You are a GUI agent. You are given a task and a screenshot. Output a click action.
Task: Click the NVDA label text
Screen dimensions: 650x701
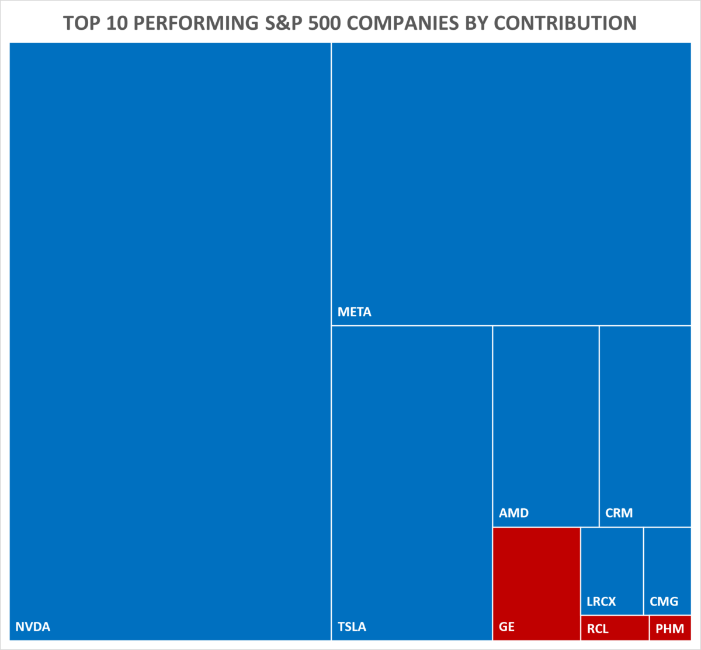(x=33, y=627)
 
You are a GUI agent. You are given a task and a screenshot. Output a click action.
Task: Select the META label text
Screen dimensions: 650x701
(x=354, y=312)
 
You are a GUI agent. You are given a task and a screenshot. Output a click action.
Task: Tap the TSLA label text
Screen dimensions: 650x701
(x=352, y=627)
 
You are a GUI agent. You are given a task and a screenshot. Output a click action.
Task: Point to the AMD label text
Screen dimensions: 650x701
(x=513, y=513)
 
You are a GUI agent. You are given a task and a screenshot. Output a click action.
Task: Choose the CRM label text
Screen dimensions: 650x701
(x=619, y=513)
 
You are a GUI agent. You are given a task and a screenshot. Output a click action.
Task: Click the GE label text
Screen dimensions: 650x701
(x=506, y=627)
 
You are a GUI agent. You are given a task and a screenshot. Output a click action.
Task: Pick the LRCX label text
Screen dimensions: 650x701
(x=601, y=602)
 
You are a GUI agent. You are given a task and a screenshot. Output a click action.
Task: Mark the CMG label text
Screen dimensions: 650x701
(x=664, y=602)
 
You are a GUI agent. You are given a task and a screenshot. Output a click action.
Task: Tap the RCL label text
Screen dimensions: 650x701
(x=598, y=630)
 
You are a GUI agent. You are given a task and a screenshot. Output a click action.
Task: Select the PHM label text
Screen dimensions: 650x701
(x=669, y=630)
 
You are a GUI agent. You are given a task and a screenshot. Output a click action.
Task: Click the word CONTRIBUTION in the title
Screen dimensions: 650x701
(x=565, y=23)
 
